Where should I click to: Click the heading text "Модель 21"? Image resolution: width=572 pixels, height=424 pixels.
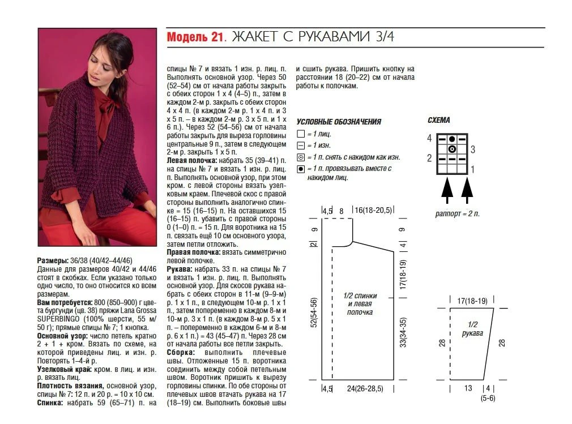[195, 38]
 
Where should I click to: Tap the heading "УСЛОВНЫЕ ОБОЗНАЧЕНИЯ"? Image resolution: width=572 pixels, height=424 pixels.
[339, 122]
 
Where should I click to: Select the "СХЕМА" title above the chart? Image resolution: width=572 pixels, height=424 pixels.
[439, 120]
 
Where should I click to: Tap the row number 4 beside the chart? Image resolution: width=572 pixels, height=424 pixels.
[429, 138]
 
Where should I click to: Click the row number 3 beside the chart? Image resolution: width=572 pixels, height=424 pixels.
[473, 149]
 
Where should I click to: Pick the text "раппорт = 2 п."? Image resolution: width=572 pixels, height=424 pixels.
[458, 213]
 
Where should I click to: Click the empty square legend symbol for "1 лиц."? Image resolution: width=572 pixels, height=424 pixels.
[300, 134]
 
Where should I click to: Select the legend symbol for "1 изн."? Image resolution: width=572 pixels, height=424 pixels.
[300, 145]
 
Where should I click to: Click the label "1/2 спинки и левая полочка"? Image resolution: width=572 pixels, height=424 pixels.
[360, 304]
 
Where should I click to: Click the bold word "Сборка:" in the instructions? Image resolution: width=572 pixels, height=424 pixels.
[181, 352]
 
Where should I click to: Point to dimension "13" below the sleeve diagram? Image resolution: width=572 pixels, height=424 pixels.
[468, 388]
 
